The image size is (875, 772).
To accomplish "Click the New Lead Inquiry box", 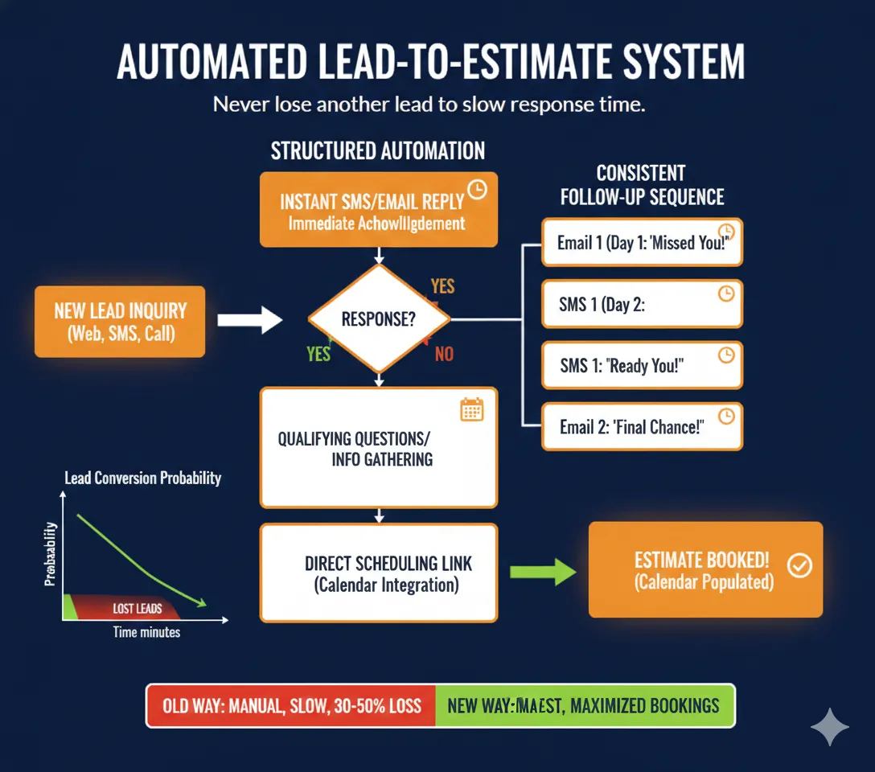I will pos(120,322).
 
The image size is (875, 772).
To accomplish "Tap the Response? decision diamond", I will pos(379,319).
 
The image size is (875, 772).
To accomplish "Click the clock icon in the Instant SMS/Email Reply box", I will pos(477,190).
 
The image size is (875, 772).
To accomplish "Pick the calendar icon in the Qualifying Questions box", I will pos(471,409).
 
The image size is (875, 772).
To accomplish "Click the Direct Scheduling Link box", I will pos(379,573).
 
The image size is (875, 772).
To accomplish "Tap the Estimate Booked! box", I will pos(705,569).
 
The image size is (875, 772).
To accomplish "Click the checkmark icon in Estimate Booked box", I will pos(799,566).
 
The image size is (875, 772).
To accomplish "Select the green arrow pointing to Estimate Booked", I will pos(543,572).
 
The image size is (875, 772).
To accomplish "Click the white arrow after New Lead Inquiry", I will pos(249,320).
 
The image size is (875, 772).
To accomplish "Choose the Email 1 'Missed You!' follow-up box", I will pos(641,242).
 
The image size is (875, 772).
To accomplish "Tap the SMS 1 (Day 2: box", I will pos(641,304).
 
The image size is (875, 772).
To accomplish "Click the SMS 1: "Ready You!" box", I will pos(641,365).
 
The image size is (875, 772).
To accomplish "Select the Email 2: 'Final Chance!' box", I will pos(641,426).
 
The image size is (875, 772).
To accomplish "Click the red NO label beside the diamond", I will pos(444,354).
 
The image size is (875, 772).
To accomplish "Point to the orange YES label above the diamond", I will pos(442,286).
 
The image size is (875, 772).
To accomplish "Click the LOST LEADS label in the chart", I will pos(137,609).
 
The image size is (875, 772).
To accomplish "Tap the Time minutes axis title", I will pos(146,632).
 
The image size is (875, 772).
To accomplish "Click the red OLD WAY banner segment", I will pos(291,706).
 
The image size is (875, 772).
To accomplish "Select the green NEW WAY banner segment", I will pos(584,706).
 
